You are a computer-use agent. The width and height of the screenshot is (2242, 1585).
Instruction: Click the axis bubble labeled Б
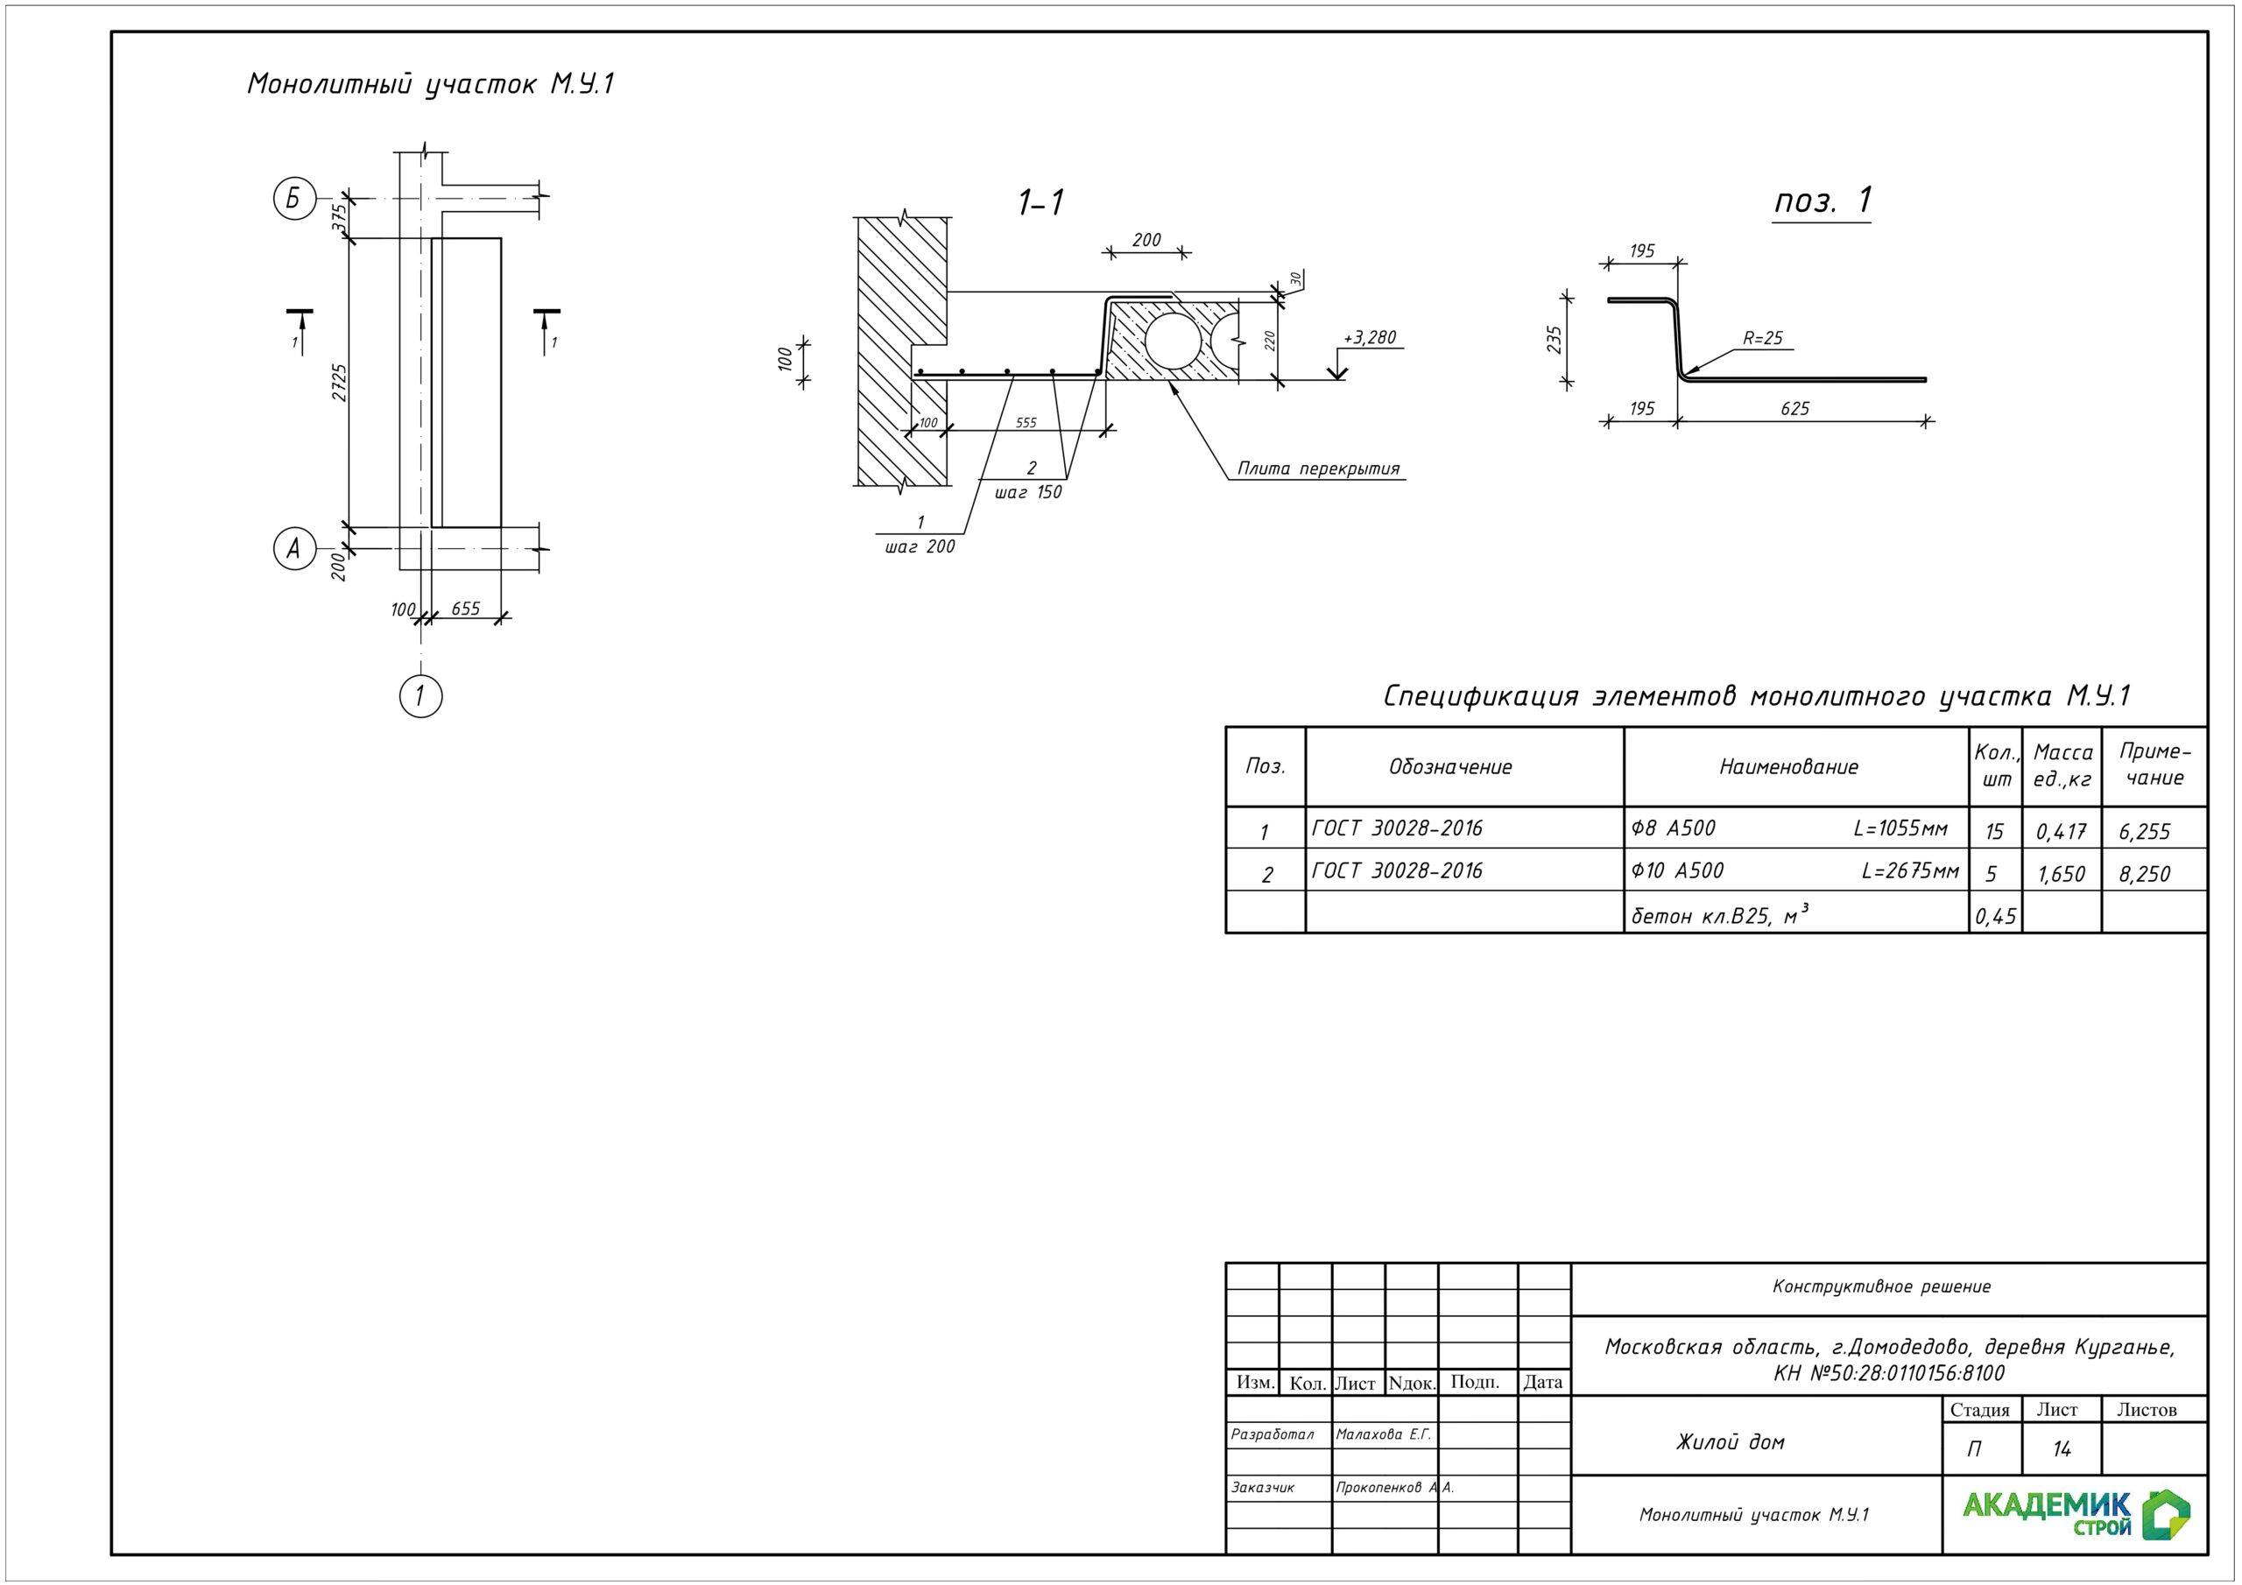[x=294, y=200]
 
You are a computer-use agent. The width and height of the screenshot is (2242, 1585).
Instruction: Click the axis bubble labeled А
[x=294, y=548]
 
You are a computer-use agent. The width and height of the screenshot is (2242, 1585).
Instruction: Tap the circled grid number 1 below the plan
[x=421, y=696]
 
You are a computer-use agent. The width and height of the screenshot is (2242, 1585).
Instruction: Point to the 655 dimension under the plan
[x=466, y=609]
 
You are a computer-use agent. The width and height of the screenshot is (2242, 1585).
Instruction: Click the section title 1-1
[x=1041, y=203]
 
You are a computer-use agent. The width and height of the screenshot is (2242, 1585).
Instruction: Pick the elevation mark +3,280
[x=1370, y=338]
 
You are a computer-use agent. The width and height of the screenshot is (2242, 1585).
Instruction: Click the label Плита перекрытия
[x=1318, y=468]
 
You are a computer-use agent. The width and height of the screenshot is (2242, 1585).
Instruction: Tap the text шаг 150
[x=1028, y=492]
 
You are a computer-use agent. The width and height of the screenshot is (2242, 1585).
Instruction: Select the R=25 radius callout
[x=1763, y=339]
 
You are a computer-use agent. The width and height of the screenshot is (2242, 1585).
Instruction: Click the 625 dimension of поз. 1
[x=1794, y=409]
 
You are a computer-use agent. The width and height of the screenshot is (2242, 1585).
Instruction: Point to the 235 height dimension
[x=1555, y=340]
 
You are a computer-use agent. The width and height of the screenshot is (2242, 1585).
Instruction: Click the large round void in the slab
[x=1173, y=341]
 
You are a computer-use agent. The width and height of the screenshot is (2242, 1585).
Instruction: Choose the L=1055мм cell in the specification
[x=1900, y=829]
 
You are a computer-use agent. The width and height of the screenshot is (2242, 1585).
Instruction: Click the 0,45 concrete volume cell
[x=1995, y=916]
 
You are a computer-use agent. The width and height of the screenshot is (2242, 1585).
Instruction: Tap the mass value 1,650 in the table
[x=2062, y=874]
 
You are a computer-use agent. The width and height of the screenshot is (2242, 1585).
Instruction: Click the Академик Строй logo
[x=2076, y=1516]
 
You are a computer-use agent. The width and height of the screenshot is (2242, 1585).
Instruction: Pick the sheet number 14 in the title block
[x=2062, y=1449]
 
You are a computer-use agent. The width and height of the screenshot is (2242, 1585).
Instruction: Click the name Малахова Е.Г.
[x=1384, y=1434]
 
